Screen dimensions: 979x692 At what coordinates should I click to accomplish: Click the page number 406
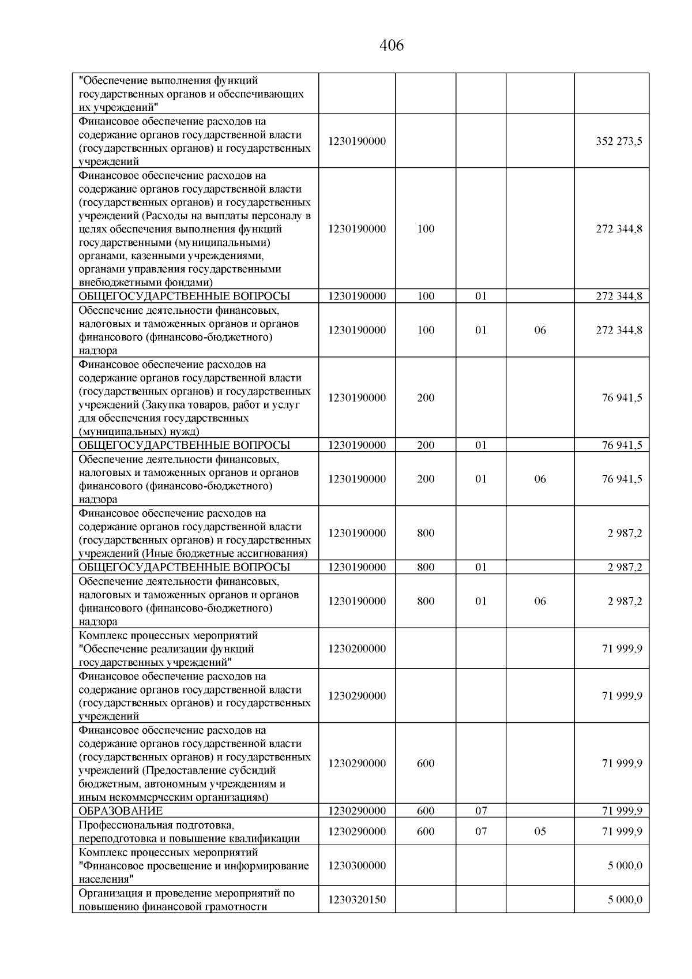[x=392, y=45]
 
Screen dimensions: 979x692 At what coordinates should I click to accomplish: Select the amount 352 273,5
[x=619, y=141]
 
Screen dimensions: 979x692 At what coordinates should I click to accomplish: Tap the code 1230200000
[x=357, y=648]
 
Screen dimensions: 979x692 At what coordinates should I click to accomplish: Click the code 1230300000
[x=357, y=865]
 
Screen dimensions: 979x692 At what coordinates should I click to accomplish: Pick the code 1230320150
[x=357, y=899]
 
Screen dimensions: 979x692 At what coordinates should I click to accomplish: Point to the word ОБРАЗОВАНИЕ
[x=121, y=811]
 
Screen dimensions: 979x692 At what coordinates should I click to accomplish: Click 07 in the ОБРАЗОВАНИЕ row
[x=481, y=811]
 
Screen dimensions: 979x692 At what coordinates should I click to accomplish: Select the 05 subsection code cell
[x=540, y=831]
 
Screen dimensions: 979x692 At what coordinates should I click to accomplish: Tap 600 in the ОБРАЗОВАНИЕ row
[x=426, y=811]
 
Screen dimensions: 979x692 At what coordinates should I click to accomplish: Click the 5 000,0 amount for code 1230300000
[x=625, y=865]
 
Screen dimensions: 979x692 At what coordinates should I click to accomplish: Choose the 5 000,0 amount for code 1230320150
[x=625, y=899]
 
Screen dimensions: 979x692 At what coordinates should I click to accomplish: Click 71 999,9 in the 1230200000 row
[x=622, y=648]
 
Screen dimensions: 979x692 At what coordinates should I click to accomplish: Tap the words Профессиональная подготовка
[x=156, y=825]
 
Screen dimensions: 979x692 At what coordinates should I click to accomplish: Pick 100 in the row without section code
[x=426, y=228]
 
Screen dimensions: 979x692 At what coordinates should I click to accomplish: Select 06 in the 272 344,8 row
[x=540, y=330]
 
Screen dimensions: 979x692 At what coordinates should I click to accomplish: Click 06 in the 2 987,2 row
[x=540, y=601]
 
